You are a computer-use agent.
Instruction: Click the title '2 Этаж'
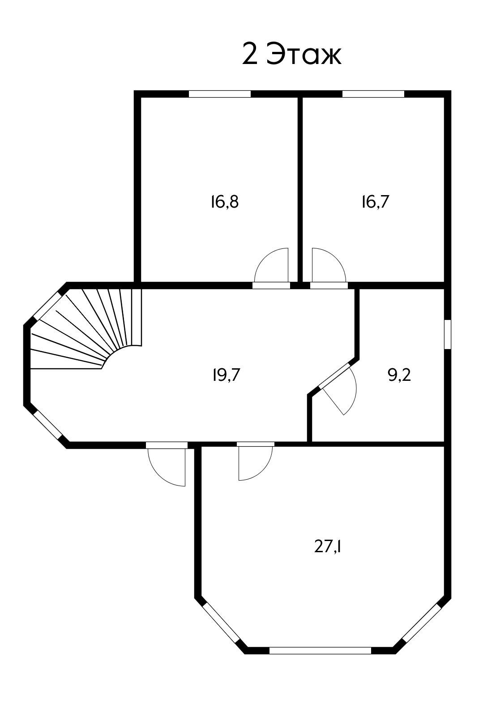[x=291, y=55]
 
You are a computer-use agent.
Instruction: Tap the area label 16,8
[x=225, y=202]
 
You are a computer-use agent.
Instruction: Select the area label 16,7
[x=376, y=202]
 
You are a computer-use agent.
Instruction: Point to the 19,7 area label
[x=227, y=375]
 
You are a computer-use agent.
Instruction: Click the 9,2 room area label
[x=399, y=375]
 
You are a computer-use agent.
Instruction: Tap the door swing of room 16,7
[x=328, y=266]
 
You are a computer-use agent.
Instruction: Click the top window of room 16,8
[x=219, y=94]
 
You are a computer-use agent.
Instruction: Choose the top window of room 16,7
[x=373, y=94]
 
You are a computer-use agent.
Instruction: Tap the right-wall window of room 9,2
[x=448, y=334]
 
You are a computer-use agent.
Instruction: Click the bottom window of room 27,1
[x=320, y=650]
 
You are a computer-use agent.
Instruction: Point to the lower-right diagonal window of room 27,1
[x=421, y=622]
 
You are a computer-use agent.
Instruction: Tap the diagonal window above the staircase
[x=45, y=305]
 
